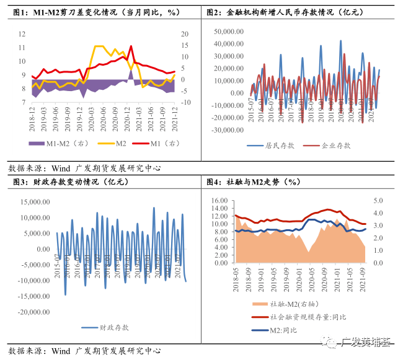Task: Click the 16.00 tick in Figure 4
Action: pyautogui.click(x=221, y=201)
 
